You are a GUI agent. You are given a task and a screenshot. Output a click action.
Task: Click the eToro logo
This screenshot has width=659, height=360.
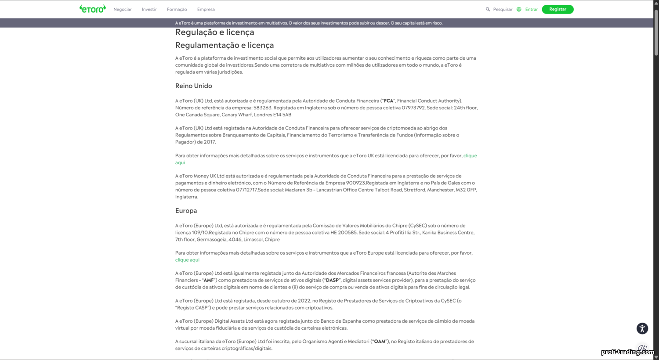(93, 9)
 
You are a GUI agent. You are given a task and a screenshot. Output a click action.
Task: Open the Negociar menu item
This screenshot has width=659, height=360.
(122, 9)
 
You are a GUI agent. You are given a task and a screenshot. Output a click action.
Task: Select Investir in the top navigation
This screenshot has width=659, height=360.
(149, 9)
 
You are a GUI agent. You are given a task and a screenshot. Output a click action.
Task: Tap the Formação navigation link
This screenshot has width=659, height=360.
(177, 9)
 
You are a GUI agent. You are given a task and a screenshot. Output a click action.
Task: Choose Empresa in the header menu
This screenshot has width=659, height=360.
(206, 9)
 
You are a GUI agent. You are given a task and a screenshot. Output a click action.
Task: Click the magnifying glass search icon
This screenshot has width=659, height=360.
(488, 9)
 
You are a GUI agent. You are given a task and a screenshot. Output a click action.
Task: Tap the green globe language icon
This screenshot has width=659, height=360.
(519, 9)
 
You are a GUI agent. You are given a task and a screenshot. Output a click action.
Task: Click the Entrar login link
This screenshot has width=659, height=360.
(531, 9)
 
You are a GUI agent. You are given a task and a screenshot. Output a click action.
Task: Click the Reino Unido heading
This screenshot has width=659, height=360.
(194, 86)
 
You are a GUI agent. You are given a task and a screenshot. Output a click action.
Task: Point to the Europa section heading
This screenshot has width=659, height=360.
(186, 211)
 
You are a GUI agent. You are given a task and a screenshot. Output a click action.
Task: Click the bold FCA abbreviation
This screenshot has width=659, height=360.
(388, 101)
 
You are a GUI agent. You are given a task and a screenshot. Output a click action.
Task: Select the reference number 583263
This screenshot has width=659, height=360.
(262, 108)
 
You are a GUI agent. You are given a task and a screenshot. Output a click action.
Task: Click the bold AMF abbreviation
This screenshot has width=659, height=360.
(209, 280)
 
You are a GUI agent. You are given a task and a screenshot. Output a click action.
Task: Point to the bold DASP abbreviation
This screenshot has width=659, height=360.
(332, 280)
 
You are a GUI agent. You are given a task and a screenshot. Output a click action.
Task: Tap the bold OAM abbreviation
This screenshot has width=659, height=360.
(380, 342)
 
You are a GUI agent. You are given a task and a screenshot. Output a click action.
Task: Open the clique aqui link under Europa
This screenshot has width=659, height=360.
(187, 260)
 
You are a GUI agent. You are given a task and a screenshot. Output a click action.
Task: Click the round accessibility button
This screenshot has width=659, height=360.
(642, 328)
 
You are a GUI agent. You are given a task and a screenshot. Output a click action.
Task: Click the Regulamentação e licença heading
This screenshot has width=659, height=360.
(224, 45)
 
